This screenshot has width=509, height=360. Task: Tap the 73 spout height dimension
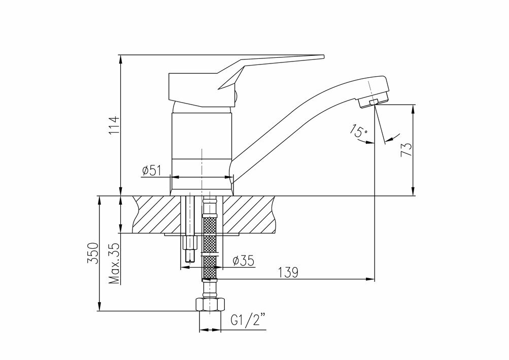(406, 149)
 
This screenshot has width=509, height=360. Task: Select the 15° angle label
(359, 132)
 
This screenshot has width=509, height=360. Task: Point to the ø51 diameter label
(152, 170)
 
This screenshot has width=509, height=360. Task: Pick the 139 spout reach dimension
(288, 272)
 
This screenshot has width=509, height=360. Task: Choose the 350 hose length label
(93, 252)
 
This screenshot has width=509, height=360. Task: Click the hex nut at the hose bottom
(210, 305)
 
